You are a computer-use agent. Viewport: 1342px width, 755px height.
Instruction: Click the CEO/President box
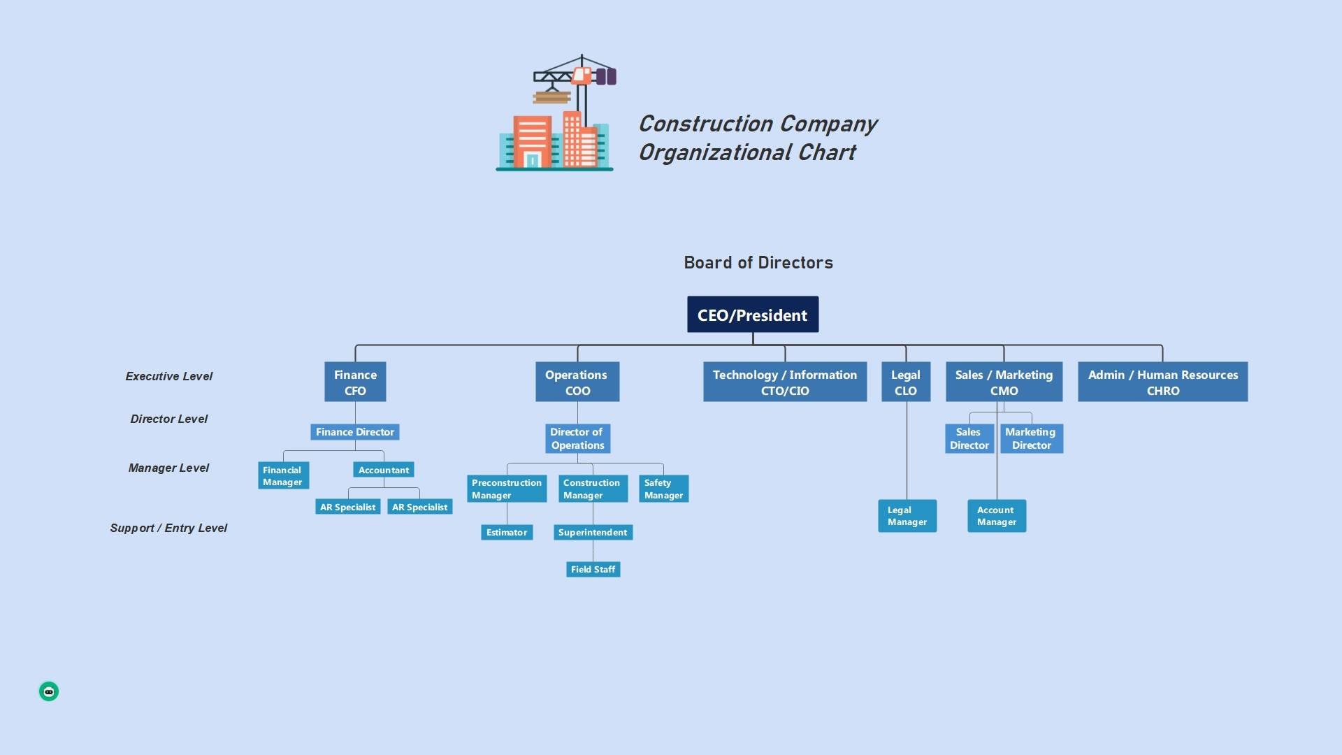752,315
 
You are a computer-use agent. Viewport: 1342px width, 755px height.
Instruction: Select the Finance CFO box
355,382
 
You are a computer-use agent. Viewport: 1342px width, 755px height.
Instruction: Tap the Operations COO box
577,382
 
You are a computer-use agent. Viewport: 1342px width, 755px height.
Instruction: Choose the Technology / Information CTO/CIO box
784,382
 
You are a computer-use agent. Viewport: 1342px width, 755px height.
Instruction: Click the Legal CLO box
906,382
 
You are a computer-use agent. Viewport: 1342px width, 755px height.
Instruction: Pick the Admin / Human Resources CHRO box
1162,382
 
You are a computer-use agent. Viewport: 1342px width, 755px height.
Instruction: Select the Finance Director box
355,432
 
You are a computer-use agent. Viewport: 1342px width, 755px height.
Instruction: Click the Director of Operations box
577,438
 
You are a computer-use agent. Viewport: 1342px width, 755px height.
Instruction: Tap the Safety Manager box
663,489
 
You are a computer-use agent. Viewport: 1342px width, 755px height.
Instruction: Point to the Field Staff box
593,569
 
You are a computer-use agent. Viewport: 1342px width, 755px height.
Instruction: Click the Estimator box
507,532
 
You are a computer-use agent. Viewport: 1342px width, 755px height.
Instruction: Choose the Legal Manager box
907,516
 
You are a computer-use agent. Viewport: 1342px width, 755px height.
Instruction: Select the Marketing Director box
1031,438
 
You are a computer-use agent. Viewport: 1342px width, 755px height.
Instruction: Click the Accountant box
384,470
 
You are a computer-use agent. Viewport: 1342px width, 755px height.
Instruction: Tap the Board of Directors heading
758,263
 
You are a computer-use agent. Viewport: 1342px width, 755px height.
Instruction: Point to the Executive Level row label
169,376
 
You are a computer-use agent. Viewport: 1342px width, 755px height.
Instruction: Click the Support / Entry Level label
168,528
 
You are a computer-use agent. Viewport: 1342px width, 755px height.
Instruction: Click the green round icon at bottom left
49,691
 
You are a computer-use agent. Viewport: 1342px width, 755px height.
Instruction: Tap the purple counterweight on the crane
606,76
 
